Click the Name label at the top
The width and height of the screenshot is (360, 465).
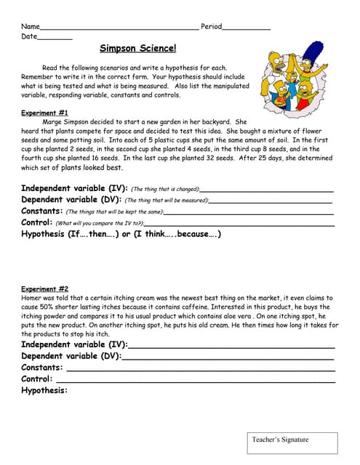[30, 26]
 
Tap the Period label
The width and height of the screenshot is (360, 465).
[211, 26]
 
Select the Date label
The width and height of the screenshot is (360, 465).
[29, 36]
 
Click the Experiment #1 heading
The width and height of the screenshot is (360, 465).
[44, 113]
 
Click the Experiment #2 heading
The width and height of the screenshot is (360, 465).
[44, 288]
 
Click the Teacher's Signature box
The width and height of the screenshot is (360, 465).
[290, 443]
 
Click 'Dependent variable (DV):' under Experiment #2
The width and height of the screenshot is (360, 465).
[71, 356]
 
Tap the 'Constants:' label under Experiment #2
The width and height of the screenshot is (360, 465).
[41, 368]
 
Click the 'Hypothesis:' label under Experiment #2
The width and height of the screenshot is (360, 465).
[44, 390]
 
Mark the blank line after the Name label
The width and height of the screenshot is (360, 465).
[119, 28]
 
